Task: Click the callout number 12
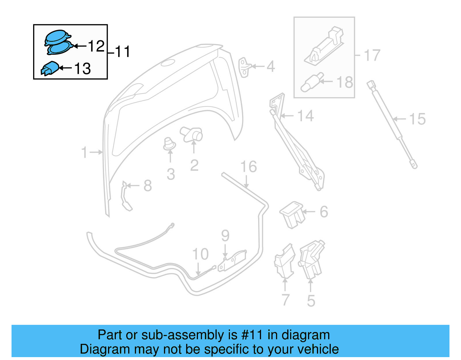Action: (x=96, y=46)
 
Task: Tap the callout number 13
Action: (x=82, y=69)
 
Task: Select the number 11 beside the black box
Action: (x=122, y=52)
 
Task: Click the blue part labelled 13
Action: (x=50, y=69)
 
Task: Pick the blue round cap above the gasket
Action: (x=57, y=37)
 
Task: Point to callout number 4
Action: (x=270, y=67)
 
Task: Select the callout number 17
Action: (x=372, y=55)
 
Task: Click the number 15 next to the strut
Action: (x=417, y=119)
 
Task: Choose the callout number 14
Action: (x=305, y=116)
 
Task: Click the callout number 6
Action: (x=324, y=212)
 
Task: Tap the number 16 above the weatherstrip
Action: (x=248, y=167)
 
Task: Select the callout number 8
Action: (x=148, y=186)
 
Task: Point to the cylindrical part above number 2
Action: (x=192, y=134)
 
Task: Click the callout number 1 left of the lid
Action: (x=84, y=152)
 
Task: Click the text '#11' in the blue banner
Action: (x=252, y=335)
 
